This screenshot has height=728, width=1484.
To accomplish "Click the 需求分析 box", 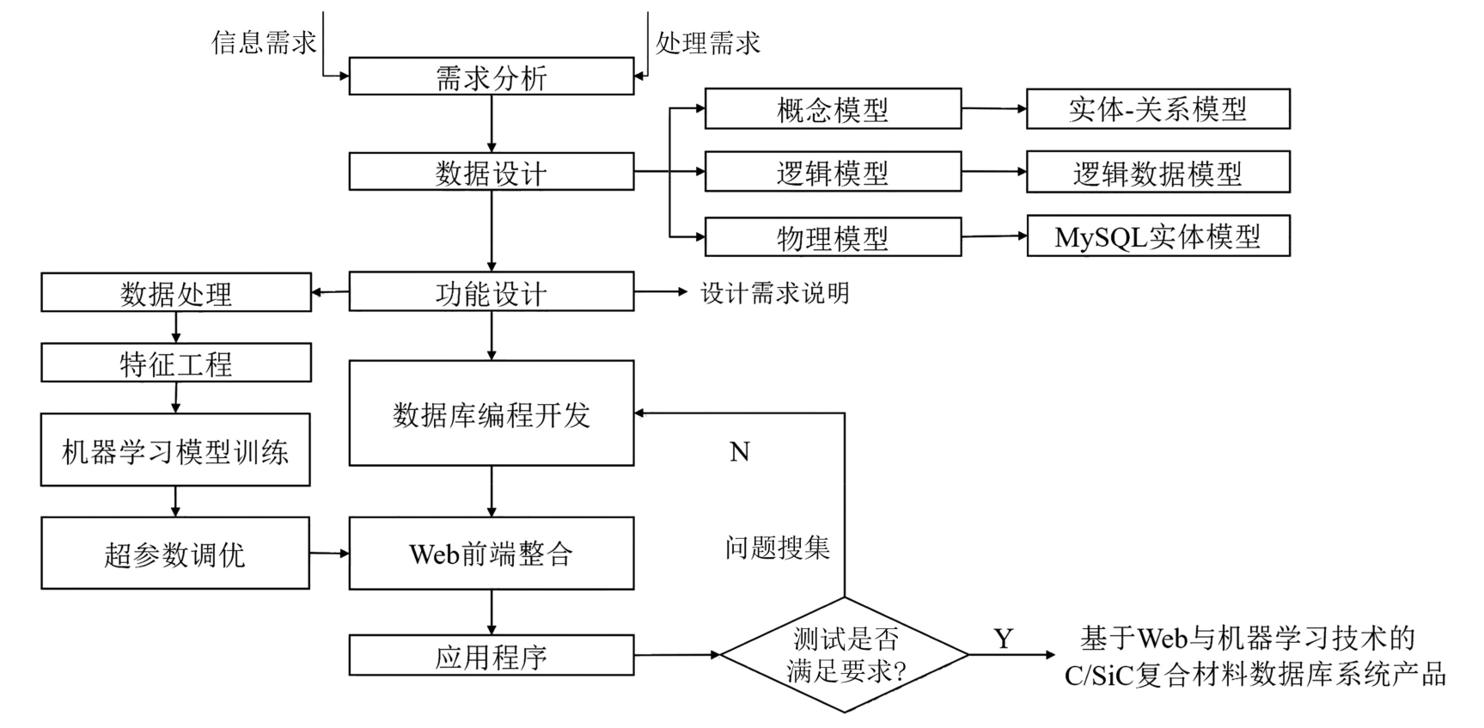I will coord(491,76).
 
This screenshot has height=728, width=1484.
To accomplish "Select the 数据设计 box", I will coord(491,172).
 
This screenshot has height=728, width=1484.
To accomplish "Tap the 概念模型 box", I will coord(833,109).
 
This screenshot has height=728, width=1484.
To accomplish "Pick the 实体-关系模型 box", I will coord(1157,109).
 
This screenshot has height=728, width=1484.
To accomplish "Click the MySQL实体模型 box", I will coord(1157,236).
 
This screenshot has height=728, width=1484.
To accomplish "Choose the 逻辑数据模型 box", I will coord(1157,173).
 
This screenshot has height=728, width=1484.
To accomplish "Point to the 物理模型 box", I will coord(833,236).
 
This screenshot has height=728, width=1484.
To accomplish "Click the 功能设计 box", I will coord(491,292).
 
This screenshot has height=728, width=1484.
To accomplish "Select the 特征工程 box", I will coord(175,363).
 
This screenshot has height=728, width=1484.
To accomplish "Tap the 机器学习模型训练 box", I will coord(175,450).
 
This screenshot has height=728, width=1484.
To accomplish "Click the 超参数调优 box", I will coord(175,554).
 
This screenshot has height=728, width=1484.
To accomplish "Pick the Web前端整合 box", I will coord(491,554).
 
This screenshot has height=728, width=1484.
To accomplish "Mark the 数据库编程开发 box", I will coord(491,413).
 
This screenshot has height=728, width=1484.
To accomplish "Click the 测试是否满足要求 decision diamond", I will coord(845,655).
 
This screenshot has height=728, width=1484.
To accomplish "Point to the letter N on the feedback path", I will coord(740,452).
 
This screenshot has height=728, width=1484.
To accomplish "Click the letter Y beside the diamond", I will coord(1003,639).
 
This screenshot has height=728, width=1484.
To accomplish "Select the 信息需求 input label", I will coord(264,42).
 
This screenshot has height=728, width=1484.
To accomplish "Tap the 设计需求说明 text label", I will coord(774,293).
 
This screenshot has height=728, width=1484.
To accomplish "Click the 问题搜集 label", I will coord(777,548).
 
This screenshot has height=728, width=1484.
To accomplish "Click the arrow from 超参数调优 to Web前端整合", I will coord(329,554).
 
